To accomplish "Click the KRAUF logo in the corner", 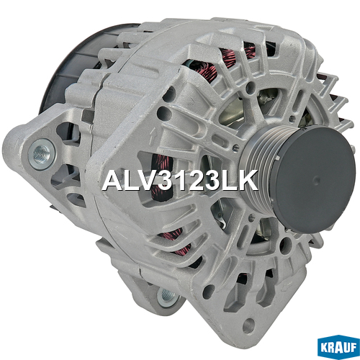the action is point(338,347).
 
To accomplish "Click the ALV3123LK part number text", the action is point(180,181).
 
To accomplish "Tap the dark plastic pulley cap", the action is point(315,179).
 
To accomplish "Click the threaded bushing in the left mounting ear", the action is point(42,154).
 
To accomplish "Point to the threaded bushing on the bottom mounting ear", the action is point(167,297).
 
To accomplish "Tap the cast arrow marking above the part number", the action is point(152,137).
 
